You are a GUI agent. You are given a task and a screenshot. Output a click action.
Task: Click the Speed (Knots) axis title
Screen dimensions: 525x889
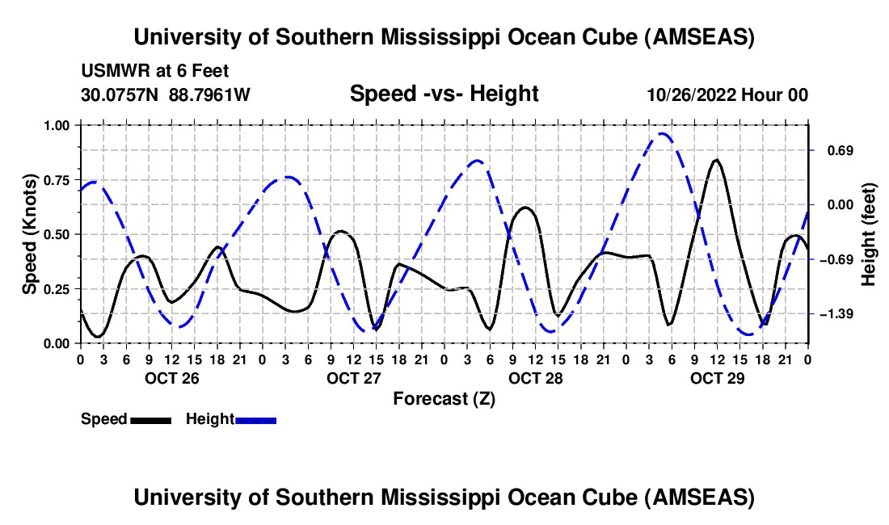click(29, 234)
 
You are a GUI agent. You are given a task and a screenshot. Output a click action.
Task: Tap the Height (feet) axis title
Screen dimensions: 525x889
click(868, 234)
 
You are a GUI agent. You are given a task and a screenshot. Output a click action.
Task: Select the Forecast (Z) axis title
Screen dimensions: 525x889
click(444, 398)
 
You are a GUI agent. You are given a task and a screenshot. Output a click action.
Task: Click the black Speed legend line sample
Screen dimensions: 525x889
click(150, 419)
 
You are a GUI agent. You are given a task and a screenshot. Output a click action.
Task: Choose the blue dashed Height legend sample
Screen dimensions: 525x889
click(255, 419)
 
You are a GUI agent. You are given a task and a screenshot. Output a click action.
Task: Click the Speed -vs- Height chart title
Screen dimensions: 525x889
click(444, 94)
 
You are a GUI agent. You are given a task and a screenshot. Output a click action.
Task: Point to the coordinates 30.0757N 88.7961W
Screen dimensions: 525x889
click(166, 94)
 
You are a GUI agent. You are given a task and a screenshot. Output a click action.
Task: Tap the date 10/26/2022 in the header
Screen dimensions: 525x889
click(693, 94)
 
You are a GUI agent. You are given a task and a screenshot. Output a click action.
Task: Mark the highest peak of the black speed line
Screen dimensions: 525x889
click(716, 160)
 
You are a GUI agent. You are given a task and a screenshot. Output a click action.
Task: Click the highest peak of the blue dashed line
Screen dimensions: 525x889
click(663, 133)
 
